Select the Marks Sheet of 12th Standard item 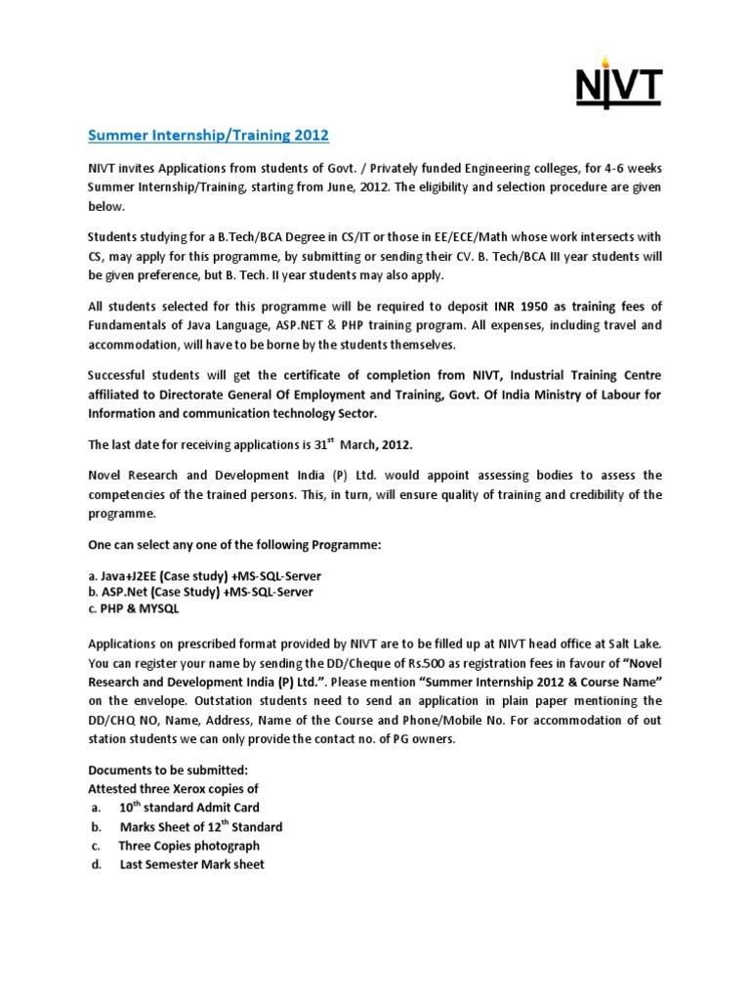pos(200,827)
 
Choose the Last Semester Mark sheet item pos(191,864)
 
